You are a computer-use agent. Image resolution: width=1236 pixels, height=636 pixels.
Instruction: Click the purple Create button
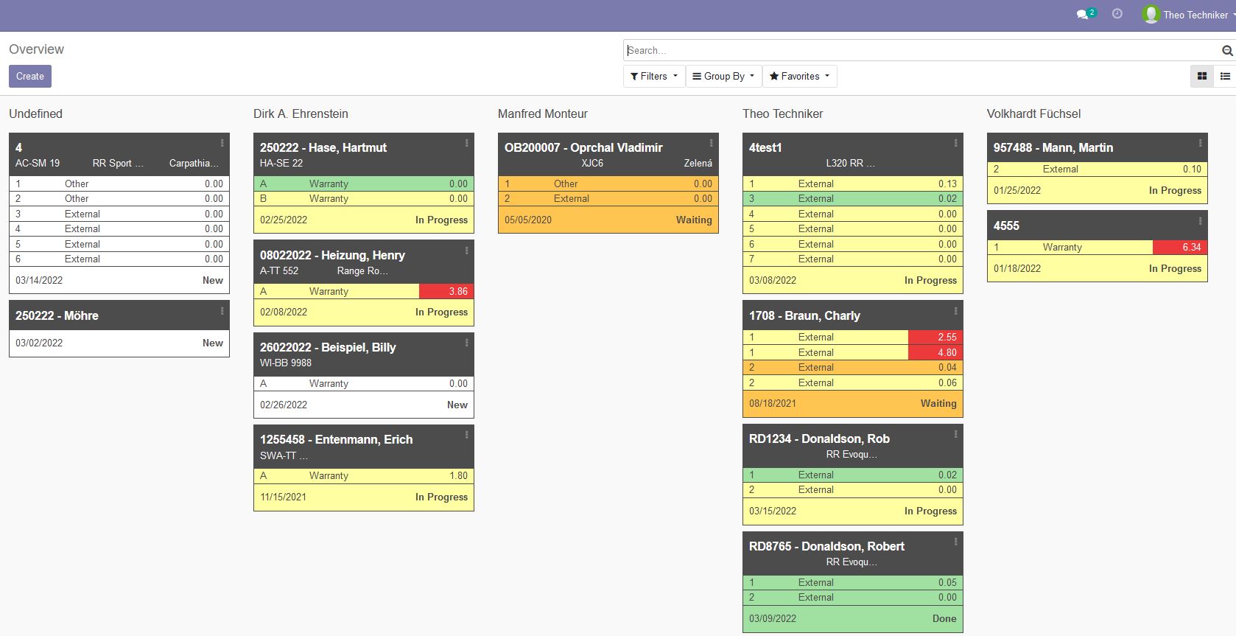click(x=30, y=76)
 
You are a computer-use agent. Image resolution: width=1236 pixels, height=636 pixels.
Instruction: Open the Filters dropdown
click(x=653, y=76)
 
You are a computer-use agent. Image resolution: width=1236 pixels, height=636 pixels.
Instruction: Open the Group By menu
click(x=723, y=76)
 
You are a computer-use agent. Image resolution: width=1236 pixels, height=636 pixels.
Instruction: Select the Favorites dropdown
click(x=799, y=76)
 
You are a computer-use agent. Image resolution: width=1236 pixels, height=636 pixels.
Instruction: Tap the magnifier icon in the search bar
click(x=1226, y=50)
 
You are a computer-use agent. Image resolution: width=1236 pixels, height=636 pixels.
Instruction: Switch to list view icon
click(x=1225, y=76)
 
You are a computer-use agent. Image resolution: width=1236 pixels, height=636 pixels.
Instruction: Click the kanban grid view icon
click(x=1202, y=76)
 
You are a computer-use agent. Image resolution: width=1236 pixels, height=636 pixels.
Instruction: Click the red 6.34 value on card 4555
click(x=1190, y=247)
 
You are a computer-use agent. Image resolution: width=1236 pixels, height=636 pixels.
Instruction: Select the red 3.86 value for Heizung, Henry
click(x=457, y=291)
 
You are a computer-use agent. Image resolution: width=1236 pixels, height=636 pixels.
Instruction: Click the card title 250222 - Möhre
click(x=57, y=315)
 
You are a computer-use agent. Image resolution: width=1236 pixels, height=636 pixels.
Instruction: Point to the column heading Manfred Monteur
click(x=542, y=113)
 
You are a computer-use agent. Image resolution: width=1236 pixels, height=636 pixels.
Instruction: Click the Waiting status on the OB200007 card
click(x=693, y=220)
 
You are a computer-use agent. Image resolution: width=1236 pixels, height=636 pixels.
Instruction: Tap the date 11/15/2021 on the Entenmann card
click(x=283, y=497)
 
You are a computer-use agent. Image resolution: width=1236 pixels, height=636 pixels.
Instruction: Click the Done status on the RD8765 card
click(x=944, y=618)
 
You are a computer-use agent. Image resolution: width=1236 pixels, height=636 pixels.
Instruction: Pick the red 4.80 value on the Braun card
click(x=947, y=352)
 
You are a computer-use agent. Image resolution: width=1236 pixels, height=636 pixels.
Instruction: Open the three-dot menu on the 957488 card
click(x=1200, y=143)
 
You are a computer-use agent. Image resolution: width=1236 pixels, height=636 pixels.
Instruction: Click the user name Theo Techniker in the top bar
click(x=1195, y=15)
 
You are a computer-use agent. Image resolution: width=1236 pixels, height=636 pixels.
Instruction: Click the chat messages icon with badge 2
click(x=1083, y=14)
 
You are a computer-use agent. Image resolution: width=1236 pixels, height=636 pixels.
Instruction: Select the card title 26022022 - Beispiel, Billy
click(x=328, y=347)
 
